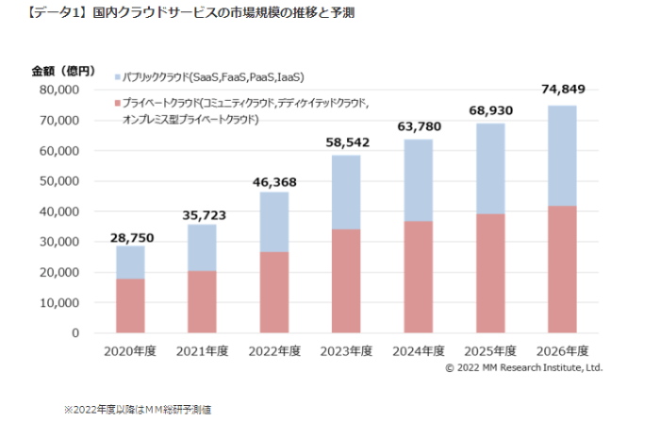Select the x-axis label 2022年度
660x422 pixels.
coord(273,351)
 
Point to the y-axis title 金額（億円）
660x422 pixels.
coord(64,71)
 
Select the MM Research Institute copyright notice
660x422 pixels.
coord(523,367)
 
